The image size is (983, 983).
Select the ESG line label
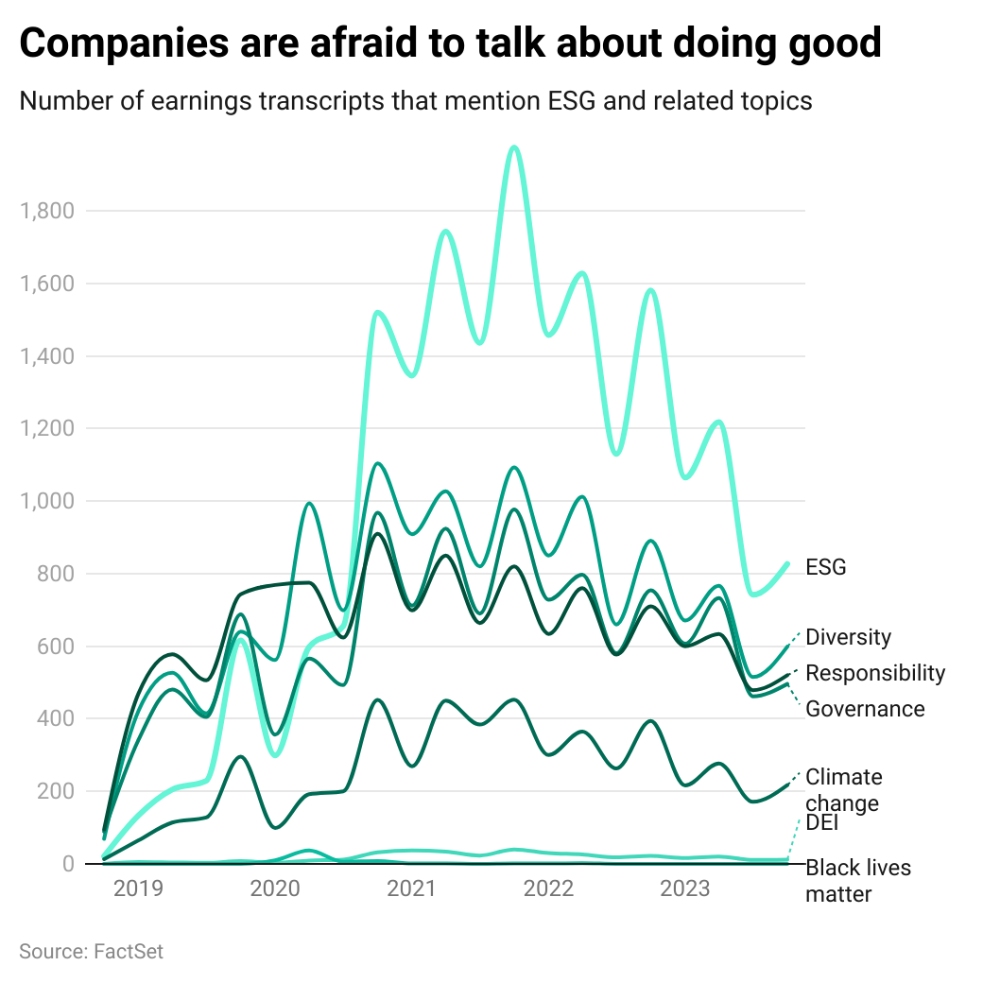pos(825,567)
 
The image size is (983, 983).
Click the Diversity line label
pos(848,637)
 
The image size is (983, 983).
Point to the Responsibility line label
pos(874,673)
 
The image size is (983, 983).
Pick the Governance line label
pos(864,709)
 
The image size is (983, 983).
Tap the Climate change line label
pos(843,790)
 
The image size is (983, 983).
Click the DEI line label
pos(822,823)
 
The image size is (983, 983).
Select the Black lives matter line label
pos(857,880)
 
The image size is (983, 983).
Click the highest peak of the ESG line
pos(513,147)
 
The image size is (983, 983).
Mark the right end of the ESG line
pos(788,563)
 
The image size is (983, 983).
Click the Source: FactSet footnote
pos(91,951)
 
